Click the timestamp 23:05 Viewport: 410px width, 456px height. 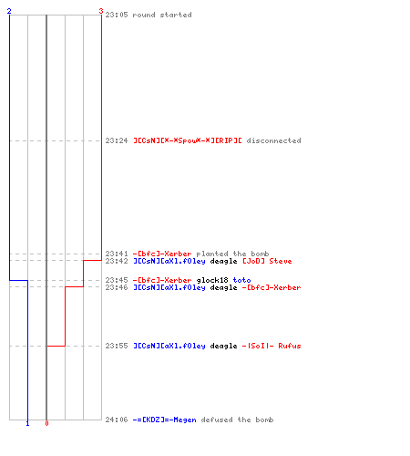pyautogui.click(x=117, y=15)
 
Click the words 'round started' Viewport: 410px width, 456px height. pyautogui.click(x=162, y=15)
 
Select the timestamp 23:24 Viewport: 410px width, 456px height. pyautogui.click(x=117, y=140)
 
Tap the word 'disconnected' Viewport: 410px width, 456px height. pyautogui.click(x=273, y=140)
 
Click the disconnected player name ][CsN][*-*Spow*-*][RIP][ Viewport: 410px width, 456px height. pyautogui.click(x=188, y=140)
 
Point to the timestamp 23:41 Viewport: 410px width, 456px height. pyautogui.click(x=117, y=254)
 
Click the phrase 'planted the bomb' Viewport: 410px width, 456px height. pyautogui.click(x=232, y=254)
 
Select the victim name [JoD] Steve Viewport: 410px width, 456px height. pyautogui.click(x=267, y=261)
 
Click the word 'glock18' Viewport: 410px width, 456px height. pyautogui.click(x=212, y=280)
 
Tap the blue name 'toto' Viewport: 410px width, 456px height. pyautogui.click(x=241, y=280)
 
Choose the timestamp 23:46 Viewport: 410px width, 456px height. pyautogui.click(x=117, y=287)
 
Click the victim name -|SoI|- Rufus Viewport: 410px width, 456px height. pyautogui.click(x=272, y=346)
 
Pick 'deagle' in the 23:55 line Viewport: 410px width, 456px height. pyautogui.click(x=223, y=346)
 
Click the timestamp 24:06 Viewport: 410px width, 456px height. pyautogui.click(x=117, y=420)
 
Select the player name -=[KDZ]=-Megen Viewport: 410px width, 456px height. pyautogui.click(x=165, y=420)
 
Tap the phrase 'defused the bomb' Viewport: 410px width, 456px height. pyautogui.click(x=237, y=420)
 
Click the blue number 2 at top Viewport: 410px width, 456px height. pyautogui.click(x=9, y=11)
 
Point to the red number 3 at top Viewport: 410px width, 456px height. pyautogui.click(x=101, y=11)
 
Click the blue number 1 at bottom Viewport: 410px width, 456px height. pyautogui.click(x=27, y=423)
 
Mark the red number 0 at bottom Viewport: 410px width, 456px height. pyautogui.click(x=46, y=423)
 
